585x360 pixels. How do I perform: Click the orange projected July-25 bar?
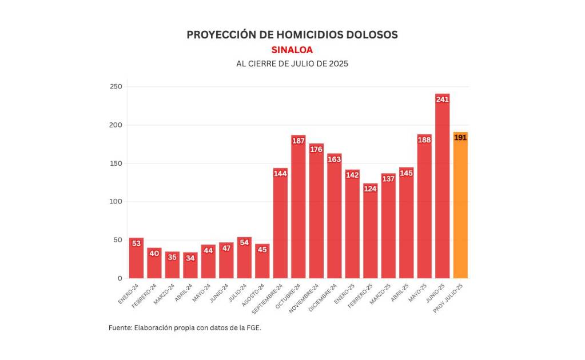tap(460, 206)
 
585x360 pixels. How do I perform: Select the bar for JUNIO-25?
tap(442, 189)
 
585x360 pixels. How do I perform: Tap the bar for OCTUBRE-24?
tap(299, 209)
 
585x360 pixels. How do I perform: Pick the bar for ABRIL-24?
tap(190, 266)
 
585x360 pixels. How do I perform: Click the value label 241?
tap(442, 99)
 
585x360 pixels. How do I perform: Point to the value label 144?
tap(280, 174)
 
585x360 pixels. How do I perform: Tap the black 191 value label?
tap(460, 138)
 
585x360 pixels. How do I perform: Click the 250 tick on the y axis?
tap(116, 87)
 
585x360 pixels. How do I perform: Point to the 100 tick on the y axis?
tap(116, 202)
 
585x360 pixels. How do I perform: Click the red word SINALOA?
tap(292, 50)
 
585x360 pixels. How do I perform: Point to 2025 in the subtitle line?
tap(339, 64)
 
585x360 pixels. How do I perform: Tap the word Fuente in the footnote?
tap(119, 328)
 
